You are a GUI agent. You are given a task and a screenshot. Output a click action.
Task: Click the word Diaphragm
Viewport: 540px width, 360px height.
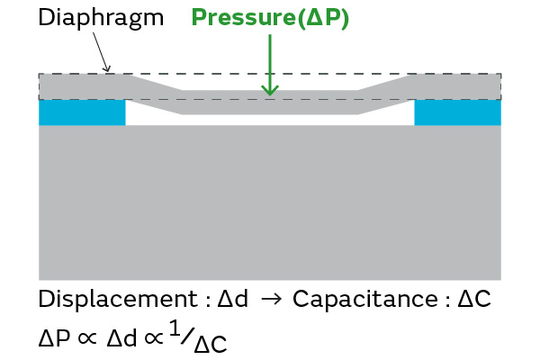(x=101, y=17)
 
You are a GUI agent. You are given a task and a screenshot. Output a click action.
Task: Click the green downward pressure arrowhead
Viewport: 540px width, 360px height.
(x=268, y=88)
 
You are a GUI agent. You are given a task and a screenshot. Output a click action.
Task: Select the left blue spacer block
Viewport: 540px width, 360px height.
(x=82, y=112)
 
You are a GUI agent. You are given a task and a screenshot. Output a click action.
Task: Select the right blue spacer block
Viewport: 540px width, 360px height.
(x=457, y=112)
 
